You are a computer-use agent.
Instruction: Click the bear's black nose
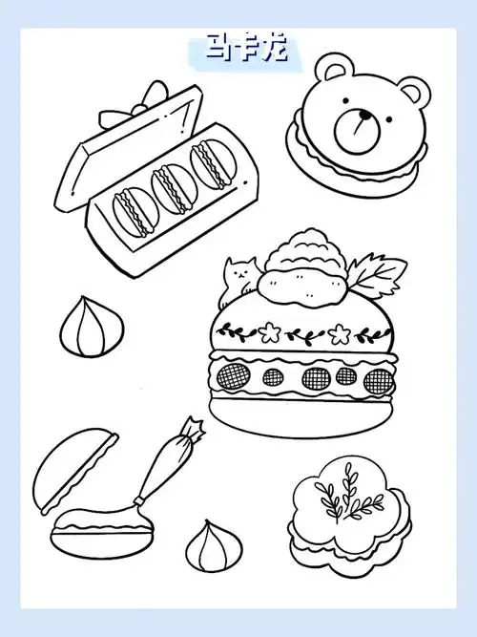click(365, 116)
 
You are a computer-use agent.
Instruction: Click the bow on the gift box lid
click(134, 103)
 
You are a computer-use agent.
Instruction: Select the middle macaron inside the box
click(173, 188)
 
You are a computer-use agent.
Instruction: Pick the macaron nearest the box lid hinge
click(213, 164)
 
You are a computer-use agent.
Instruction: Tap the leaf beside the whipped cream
click(378, 274)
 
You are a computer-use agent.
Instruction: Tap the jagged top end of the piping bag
click(194, 428)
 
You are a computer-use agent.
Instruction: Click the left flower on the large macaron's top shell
click(268, 331)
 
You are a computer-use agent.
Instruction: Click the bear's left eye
click(345, 100)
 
